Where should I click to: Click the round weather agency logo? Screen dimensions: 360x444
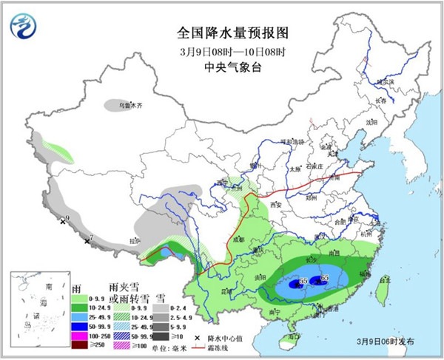pos(23,26)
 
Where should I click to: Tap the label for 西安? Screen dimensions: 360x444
pos(277,203)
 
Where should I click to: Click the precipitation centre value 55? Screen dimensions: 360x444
pos(303,282)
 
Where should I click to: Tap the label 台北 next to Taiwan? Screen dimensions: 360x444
pos(384,280)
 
